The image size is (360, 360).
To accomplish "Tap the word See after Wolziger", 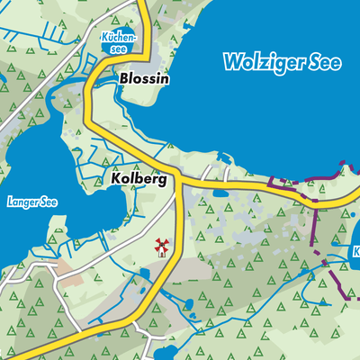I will click(326, 64).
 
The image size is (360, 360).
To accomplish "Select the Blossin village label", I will click(144, 78).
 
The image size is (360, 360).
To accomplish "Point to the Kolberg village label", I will click(139, 179).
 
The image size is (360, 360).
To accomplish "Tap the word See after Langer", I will click(48, 202).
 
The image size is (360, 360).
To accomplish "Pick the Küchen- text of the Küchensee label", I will click(119, 38).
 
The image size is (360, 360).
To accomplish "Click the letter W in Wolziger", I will click(233, 64).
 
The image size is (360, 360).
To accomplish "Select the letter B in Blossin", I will click(123, 78).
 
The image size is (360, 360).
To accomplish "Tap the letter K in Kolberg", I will click(117, 179).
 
